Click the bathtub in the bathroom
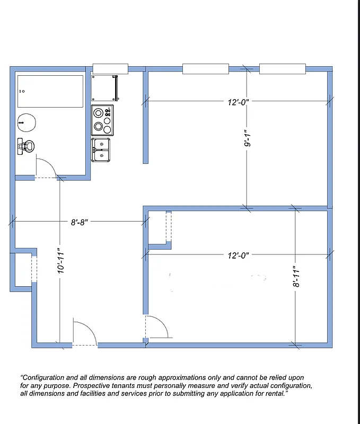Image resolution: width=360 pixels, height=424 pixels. tap(50, 91)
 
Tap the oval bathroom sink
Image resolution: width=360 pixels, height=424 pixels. tap(27, 122)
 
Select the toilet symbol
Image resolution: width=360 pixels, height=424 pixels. tap(25, 146)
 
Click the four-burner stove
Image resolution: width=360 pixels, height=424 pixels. tap(102, 120)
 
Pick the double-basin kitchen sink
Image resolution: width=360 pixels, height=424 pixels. tap(101, 149)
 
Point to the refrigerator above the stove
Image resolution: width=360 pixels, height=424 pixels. tap(104, 88)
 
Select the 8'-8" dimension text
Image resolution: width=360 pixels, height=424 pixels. tap(80, 223)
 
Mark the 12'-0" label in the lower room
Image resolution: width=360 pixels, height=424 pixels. tap(238, 255)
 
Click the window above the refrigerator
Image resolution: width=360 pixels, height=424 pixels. tap(110, 68)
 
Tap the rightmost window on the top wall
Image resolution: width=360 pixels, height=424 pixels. tap(282, 68)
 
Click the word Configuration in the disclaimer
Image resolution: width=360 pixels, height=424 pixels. tap(44, 377)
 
